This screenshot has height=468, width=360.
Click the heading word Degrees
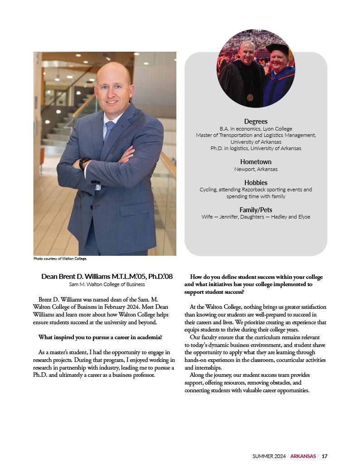[256, 122]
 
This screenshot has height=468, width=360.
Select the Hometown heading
[256, 162]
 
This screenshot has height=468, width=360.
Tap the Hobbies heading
[256, 183]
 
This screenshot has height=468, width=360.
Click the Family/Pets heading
[256, 210]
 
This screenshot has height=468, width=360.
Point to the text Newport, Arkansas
[256, 169]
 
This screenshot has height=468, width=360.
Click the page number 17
[325, 456]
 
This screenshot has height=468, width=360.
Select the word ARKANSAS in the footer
[303, 456]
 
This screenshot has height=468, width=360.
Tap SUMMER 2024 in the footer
[269, 456]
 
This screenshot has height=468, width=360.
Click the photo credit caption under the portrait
[60, 259]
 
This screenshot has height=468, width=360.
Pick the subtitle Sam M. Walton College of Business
[107, 284]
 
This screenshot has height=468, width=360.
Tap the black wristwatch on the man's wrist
[84, 163]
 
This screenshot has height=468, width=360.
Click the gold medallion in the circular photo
[250, 97]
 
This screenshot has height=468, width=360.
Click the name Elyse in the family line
[303, 217]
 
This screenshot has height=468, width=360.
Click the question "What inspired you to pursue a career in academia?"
[100, 337]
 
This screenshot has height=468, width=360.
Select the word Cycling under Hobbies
[209, 190]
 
